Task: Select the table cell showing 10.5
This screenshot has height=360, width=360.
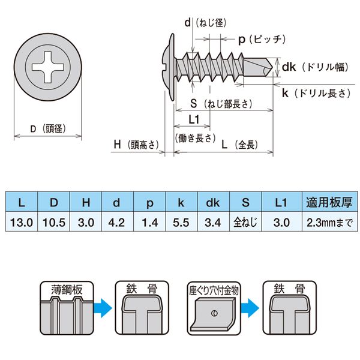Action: pos(53,222)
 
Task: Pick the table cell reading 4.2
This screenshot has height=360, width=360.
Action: pos(117,222)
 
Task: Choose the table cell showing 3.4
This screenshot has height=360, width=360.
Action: pos(212,222)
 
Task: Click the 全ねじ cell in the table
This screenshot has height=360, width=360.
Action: pos(245,222)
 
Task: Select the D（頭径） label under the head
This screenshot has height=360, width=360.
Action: pos(47,128)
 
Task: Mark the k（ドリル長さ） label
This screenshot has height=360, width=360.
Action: pos(315,93)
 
